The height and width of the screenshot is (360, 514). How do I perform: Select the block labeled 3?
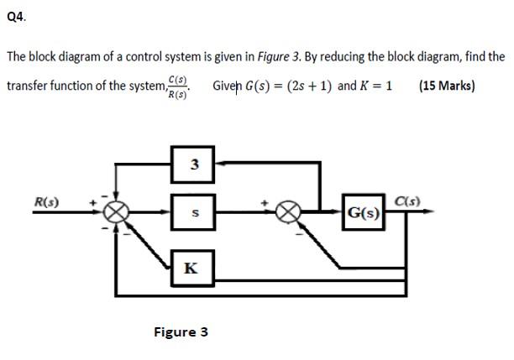[194, 164]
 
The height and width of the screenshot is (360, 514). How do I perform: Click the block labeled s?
[194, 213]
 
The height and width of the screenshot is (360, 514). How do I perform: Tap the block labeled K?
[191, 268]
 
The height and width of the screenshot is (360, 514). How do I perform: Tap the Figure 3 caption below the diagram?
[180, 331]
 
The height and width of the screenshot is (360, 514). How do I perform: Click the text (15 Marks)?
[446, 86]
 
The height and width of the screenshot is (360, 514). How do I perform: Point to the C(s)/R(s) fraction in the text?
[178, 86]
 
